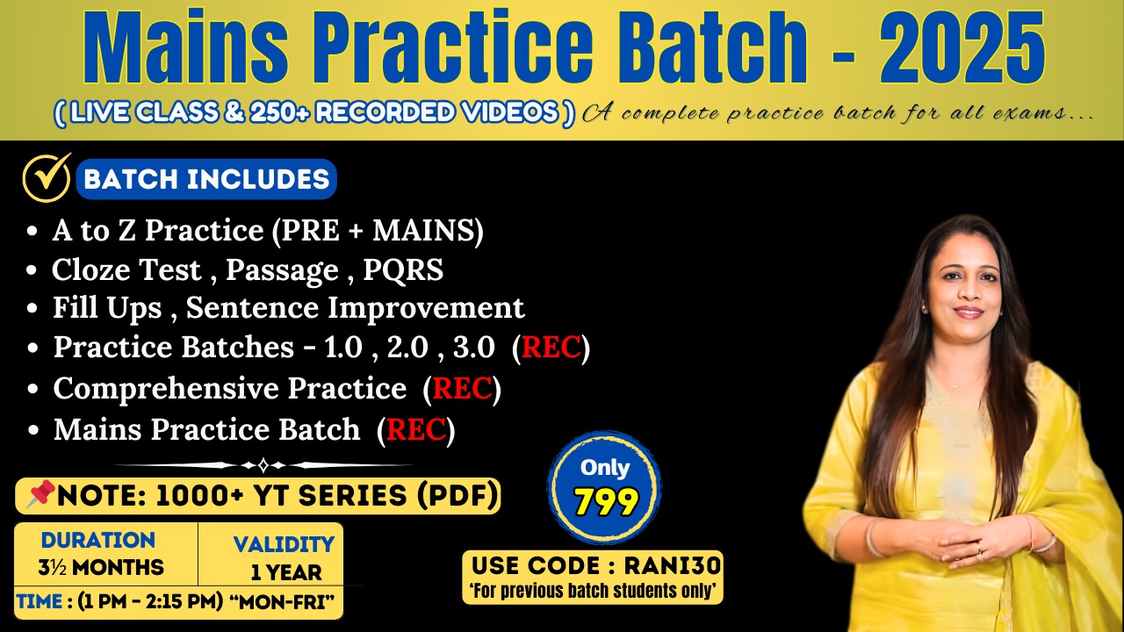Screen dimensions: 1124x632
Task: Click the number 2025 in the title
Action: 962,47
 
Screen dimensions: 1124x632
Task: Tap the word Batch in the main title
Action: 712,47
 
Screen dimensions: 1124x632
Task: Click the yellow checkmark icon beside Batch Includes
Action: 47,177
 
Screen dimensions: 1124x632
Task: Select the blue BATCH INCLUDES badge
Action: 206,179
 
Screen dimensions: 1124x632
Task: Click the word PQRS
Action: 403,269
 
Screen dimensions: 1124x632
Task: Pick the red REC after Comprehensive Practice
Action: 462,388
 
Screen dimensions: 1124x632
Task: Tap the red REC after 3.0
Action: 551,347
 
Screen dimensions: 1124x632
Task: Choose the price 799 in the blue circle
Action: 606,501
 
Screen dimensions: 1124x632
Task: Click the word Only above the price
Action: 605,468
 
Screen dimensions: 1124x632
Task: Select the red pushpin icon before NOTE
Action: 40,494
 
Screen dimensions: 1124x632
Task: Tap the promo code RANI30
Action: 673,566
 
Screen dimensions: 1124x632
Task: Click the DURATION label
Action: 98,540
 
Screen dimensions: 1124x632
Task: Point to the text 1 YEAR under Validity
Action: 286,572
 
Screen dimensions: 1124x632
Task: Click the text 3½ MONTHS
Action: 101,567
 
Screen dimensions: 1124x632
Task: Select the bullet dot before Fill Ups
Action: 32,308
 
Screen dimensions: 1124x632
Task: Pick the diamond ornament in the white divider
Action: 263,465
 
